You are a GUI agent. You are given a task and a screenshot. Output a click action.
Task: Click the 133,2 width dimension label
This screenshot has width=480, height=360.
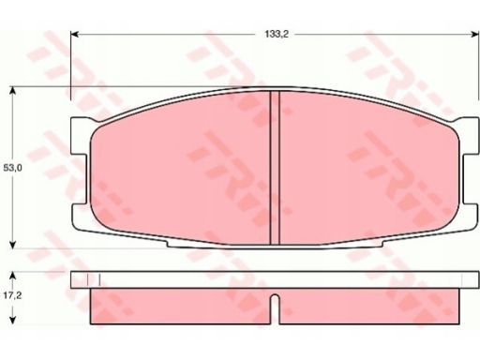tap(277, 35)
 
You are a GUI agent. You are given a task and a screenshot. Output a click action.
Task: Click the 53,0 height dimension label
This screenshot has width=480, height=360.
tap(12, 168)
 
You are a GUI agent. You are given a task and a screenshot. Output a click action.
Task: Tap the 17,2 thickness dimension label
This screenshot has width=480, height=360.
tap(12, 295)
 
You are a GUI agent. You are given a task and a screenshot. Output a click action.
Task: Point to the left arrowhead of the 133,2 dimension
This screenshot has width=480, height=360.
tap(74, 34)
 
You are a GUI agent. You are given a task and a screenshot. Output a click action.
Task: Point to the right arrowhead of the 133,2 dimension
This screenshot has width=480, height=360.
tap(475, 34)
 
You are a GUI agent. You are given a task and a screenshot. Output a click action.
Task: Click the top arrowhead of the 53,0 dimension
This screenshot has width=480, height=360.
tap(12, 91)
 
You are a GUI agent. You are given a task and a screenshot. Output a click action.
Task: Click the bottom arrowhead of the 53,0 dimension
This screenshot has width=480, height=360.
tap(12, 245)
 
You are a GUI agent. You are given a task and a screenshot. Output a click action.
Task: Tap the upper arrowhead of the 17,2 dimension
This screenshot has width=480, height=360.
tap(12, 276)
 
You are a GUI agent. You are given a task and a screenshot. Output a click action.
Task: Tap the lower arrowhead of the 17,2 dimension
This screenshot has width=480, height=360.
tap(12, 320)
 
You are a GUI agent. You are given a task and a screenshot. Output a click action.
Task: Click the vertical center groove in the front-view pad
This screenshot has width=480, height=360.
tap(275, 168)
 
